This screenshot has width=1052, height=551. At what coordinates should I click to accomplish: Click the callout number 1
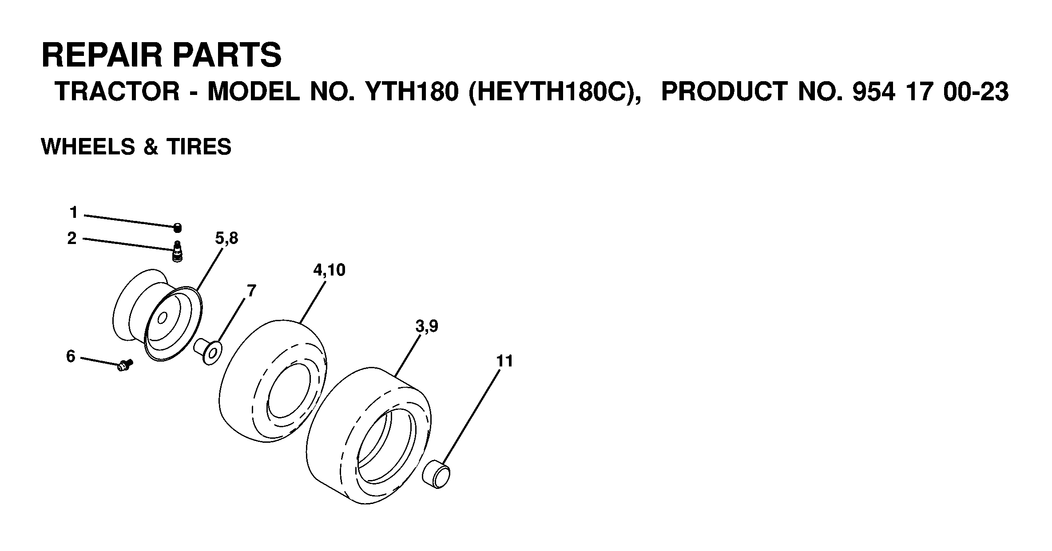point(74,213)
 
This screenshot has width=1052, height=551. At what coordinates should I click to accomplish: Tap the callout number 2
point(72,239)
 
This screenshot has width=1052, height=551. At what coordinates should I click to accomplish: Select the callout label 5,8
point(227,239)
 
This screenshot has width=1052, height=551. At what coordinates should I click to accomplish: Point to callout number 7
point(251,291)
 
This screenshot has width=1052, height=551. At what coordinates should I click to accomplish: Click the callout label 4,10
point(329,270)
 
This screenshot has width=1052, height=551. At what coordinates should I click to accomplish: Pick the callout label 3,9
point(427,327)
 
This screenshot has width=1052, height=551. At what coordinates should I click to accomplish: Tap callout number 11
point(505,361)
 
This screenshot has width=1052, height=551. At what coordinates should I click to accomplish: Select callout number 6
point(71,356)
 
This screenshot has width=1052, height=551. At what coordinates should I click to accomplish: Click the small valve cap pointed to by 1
point(178,228)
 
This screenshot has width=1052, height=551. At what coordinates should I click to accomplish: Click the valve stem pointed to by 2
point(178,252)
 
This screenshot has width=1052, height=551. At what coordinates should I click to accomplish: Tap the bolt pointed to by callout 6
point(125,365)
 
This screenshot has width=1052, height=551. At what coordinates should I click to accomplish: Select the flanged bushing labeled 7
point(208,350)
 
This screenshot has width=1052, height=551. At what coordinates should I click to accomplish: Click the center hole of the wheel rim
point(162,318)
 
